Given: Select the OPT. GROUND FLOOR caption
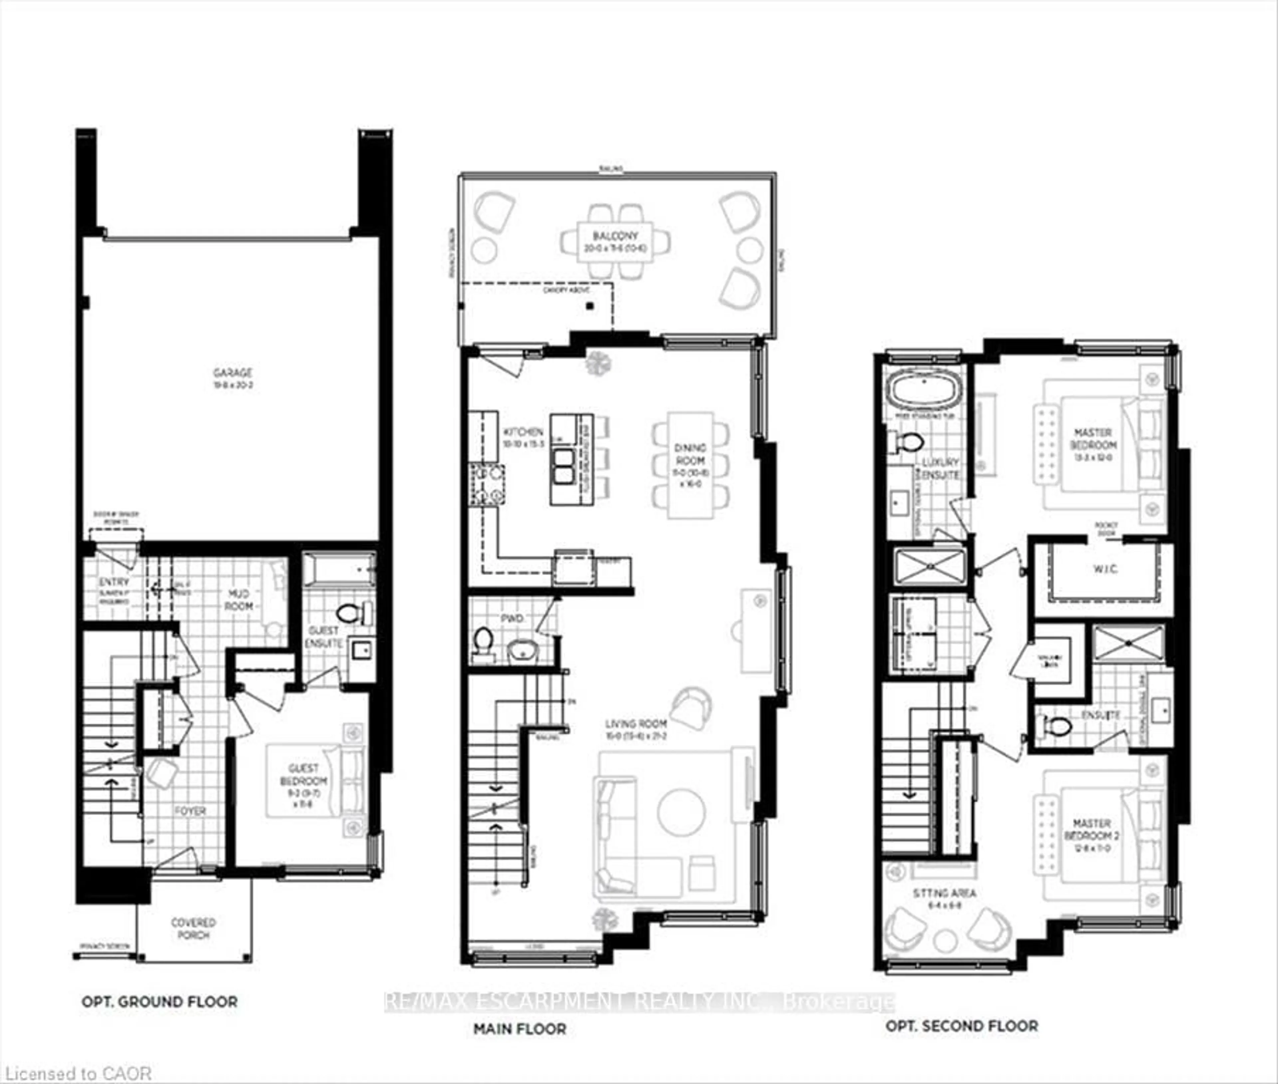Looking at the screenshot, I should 159,1002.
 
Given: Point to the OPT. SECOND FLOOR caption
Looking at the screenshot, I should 961,1025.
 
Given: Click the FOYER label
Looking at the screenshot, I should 190,811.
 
